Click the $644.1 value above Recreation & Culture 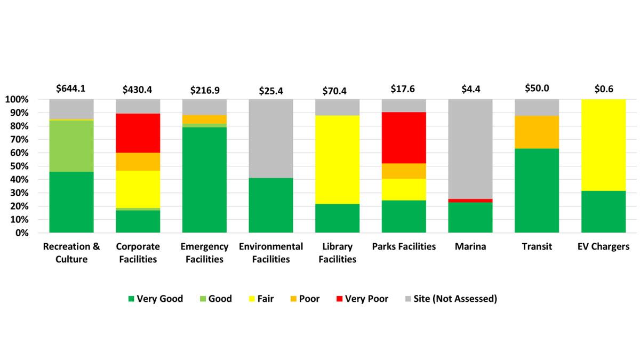[71, 89]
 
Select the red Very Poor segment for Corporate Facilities [138, 133]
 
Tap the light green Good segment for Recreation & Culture [71, 146]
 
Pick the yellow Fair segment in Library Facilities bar [337, 159]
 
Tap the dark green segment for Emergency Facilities [204, 180]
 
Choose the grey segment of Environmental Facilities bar [271, 138]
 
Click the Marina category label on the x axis [470, 247]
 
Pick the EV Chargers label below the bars [603, 247]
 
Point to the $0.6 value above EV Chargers [603, 89]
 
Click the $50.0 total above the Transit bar [537, 89]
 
